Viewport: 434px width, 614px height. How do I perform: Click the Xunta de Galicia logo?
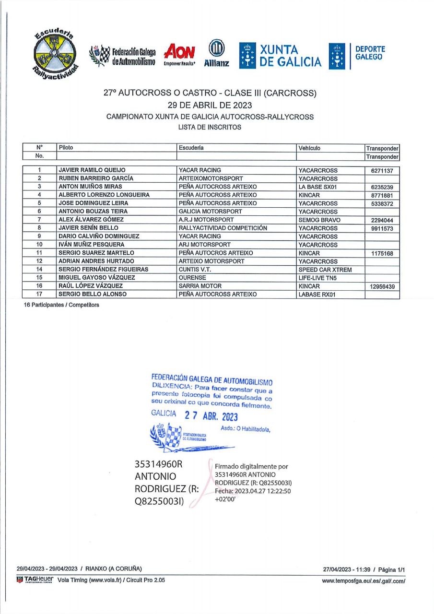tap(281, 56)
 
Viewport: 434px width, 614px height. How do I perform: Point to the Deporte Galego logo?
tap(357, 56)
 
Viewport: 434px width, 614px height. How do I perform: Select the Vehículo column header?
tap(309, 148)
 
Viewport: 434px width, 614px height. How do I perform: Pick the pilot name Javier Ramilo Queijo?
tap(92, 170)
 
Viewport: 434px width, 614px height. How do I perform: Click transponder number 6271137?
tap(382, 171)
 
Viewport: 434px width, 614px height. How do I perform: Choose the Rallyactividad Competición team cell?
tap(223, 228)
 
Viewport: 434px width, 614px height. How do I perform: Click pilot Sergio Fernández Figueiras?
tap(104, 270)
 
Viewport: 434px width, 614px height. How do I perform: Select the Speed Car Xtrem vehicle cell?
tap(325, 270)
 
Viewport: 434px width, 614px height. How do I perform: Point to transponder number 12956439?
tap(382, 286)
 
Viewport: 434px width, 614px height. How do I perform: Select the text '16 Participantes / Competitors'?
tap(61, 305)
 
